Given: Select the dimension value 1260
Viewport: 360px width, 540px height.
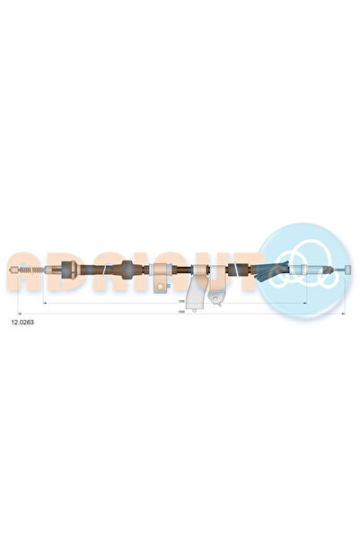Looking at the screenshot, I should pos(181,301).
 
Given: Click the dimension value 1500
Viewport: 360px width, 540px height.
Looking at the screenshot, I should pos(182,314).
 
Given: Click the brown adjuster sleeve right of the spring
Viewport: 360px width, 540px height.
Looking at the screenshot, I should pos(66,269).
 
